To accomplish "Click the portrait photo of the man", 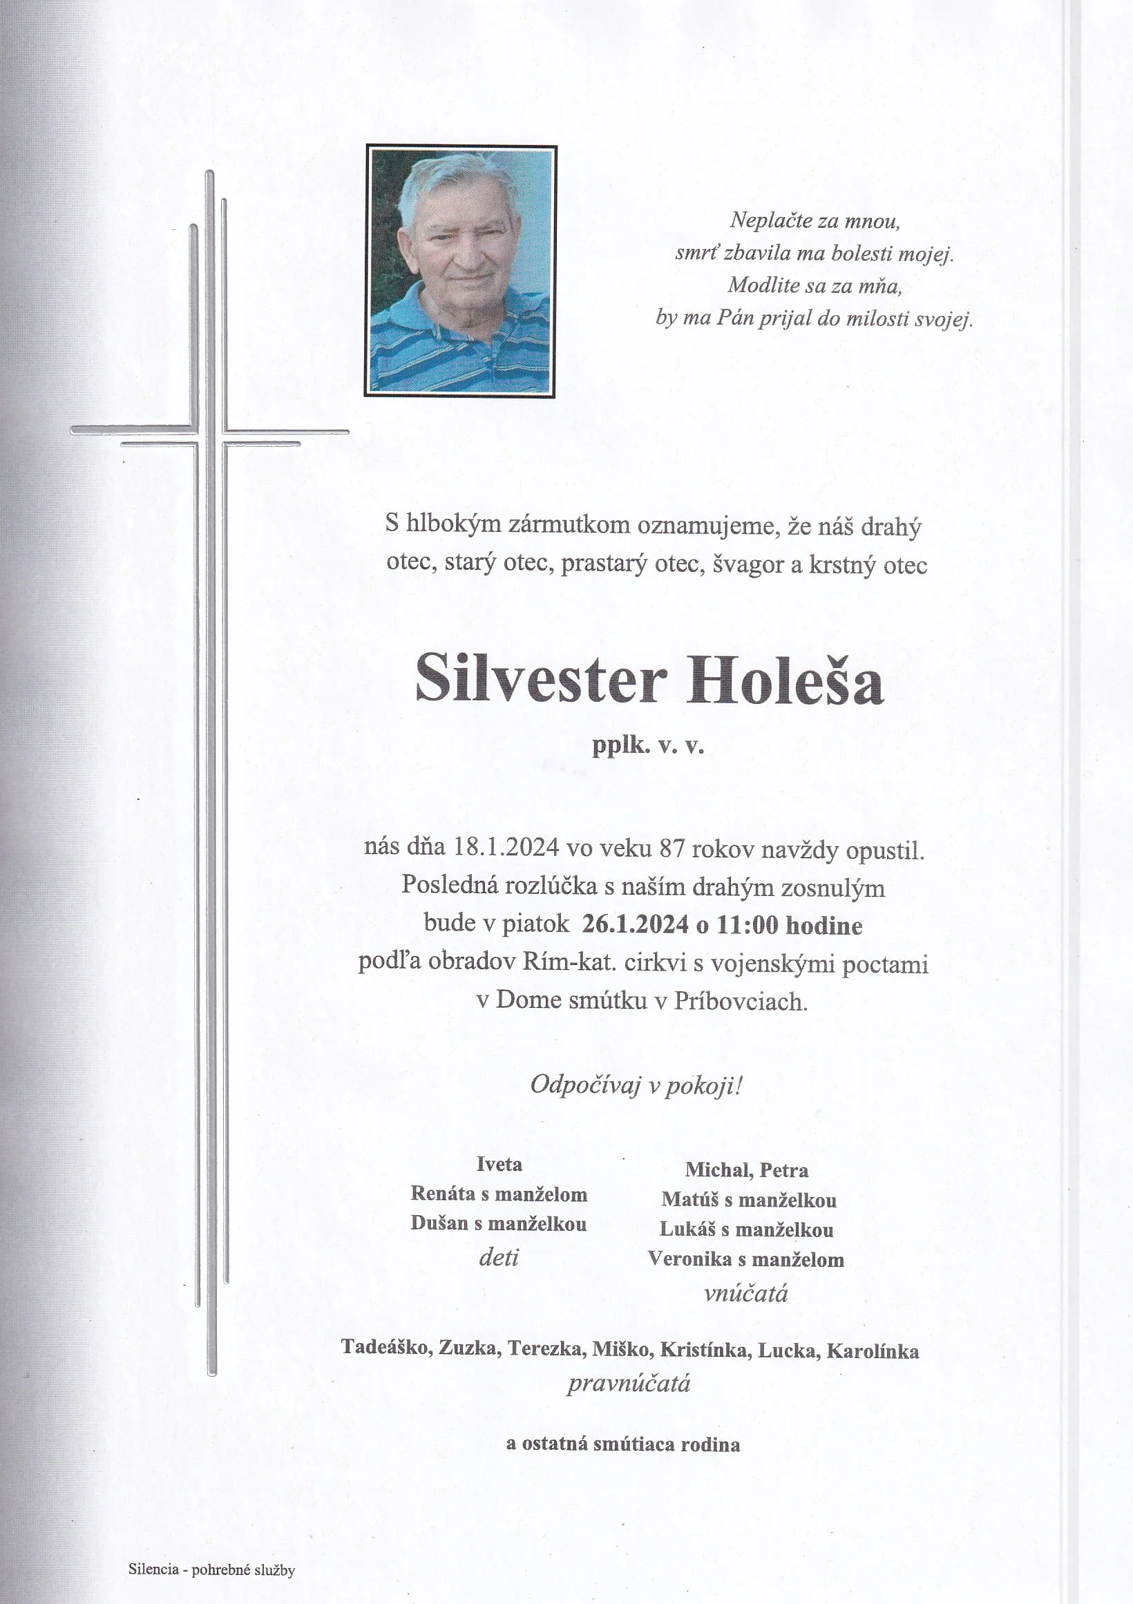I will [460, 271].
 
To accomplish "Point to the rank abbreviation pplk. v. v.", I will [647, 746].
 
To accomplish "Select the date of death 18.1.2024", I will [506, 848].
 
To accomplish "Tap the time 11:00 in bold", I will [747, 925].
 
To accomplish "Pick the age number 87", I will [672, 849].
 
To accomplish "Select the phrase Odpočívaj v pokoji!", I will [636, 1085].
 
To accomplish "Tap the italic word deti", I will [499, 1257].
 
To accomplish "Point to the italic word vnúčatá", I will [746, 1294].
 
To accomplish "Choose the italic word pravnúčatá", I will [629, 1383].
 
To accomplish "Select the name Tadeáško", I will [385, 1347].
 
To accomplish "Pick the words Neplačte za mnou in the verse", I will [815, 221].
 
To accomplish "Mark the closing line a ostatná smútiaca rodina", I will [623, 1444].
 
